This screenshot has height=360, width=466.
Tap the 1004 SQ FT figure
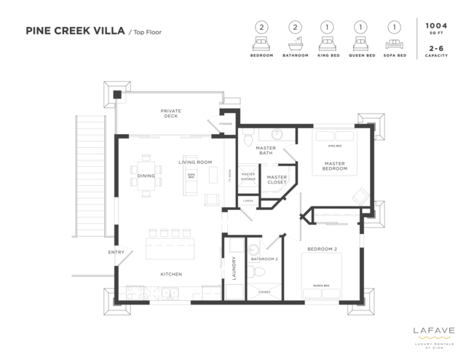click(x=436, y=28)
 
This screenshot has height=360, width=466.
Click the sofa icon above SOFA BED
click(x=394, y=41)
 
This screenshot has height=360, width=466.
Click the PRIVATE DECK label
click(x=171, y=114)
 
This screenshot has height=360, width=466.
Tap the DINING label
click(x=146, y=176)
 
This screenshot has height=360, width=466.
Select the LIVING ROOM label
click(x=194, y=162)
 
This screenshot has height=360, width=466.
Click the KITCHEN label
click(x=171, y=274)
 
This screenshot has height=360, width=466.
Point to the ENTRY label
click(x=116, y=253)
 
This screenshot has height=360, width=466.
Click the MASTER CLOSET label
click(x=276, y=179)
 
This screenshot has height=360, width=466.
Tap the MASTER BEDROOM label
click(x=334, y=167)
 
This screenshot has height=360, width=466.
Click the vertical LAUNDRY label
click(x=234, y=267)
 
